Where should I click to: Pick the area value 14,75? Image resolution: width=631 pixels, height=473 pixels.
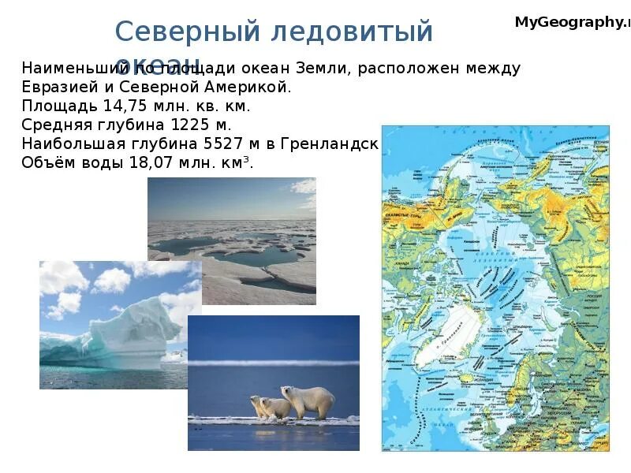click(x=124, y=106)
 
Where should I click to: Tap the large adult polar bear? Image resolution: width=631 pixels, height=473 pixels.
click(x=308, y=401)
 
